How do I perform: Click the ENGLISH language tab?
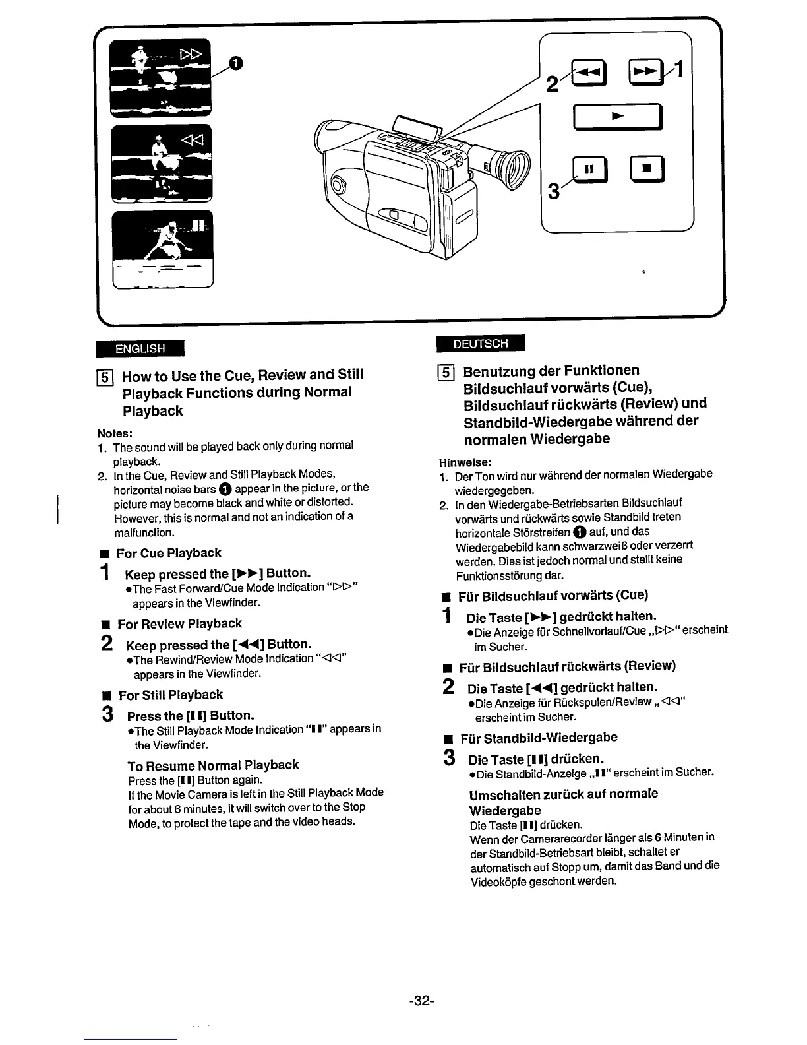click(x=140, y=348)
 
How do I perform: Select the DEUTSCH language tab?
click(x=481, y=344)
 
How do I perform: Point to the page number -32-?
click(x=421, y=1001)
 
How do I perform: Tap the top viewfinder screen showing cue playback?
click(x=162, y=76)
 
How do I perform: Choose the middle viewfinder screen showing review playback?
click(x=162, y=162)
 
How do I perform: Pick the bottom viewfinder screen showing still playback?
click(x=162, y=249)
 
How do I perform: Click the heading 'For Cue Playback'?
click(x=169, y=553)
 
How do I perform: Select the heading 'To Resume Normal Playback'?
click(x=213, y=765)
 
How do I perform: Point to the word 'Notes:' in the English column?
click(x=115, y=433)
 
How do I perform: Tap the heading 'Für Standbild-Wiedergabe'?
click(x=539, y=738)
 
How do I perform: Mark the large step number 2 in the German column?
click(x=449, y=688)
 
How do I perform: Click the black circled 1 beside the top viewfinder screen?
click(x=235, y=63)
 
